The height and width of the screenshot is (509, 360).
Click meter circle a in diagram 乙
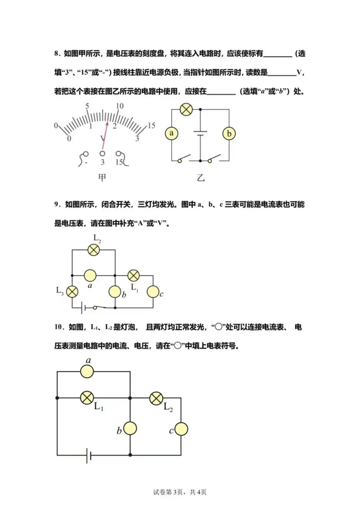171,133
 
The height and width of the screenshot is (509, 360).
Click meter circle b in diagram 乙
229,134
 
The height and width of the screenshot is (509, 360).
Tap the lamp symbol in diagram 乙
186,109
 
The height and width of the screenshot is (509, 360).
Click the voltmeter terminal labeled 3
102,154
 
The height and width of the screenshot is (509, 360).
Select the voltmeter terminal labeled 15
118,154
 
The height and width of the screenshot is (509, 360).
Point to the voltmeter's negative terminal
86,154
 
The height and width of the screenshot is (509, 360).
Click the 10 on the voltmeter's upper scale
120,106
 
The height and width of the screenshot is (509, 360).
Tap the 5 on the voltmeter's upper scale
87,106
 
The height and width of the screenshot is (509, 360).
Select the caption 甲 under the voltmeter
102,178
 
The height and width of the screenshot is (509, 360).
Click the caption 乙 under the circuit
200,178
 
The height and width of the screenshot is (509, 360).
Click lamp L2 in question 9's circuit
94,250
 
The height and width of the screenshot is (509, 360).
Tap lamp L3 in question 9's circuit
72,292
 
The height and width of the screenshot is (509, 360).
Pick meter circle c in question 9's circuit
153,292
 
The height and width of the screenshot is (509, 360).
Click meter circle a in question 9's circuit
90,275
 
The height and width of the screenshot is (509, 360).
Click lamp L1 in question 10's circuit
87,398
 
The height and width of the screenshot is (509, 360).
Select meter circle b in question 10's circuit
130,428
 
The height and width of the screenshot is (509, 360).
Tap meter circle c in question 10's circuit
181,429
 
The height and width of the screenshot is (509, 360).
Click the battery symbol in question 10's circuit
89,455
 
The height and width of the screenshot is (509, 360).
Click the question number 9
57,204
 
